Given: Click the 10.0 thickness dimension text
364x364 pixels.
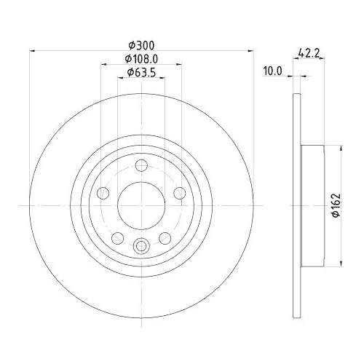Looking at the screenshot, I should tap(272, 71).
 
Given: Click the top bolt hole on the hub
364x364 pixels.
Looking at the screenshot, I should tap(141, 164).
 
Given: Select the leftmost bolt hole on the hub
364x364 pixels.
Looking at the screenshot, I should tap(103, 193).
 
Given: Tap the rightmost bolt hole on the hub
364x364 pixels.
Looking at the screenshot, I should tap(180, 193).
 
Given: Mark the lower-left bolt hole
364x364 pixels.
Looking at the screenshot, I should tap(117, 237).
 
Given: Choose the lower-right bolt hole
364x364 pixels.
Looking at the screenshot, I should tap(165, 237).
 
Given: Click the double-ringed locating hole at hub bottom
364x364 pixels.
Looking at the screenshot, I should tap(141, 245).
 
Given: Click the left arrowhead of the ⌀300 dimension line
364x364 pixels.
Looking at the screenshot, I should tap(31, 51).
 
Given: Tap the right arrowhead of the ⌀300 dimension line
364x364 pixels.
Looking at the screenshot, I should tap(251, 51).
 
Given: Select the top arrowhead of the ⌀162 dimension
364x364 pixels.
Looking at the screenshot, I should tap(342, 148).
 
